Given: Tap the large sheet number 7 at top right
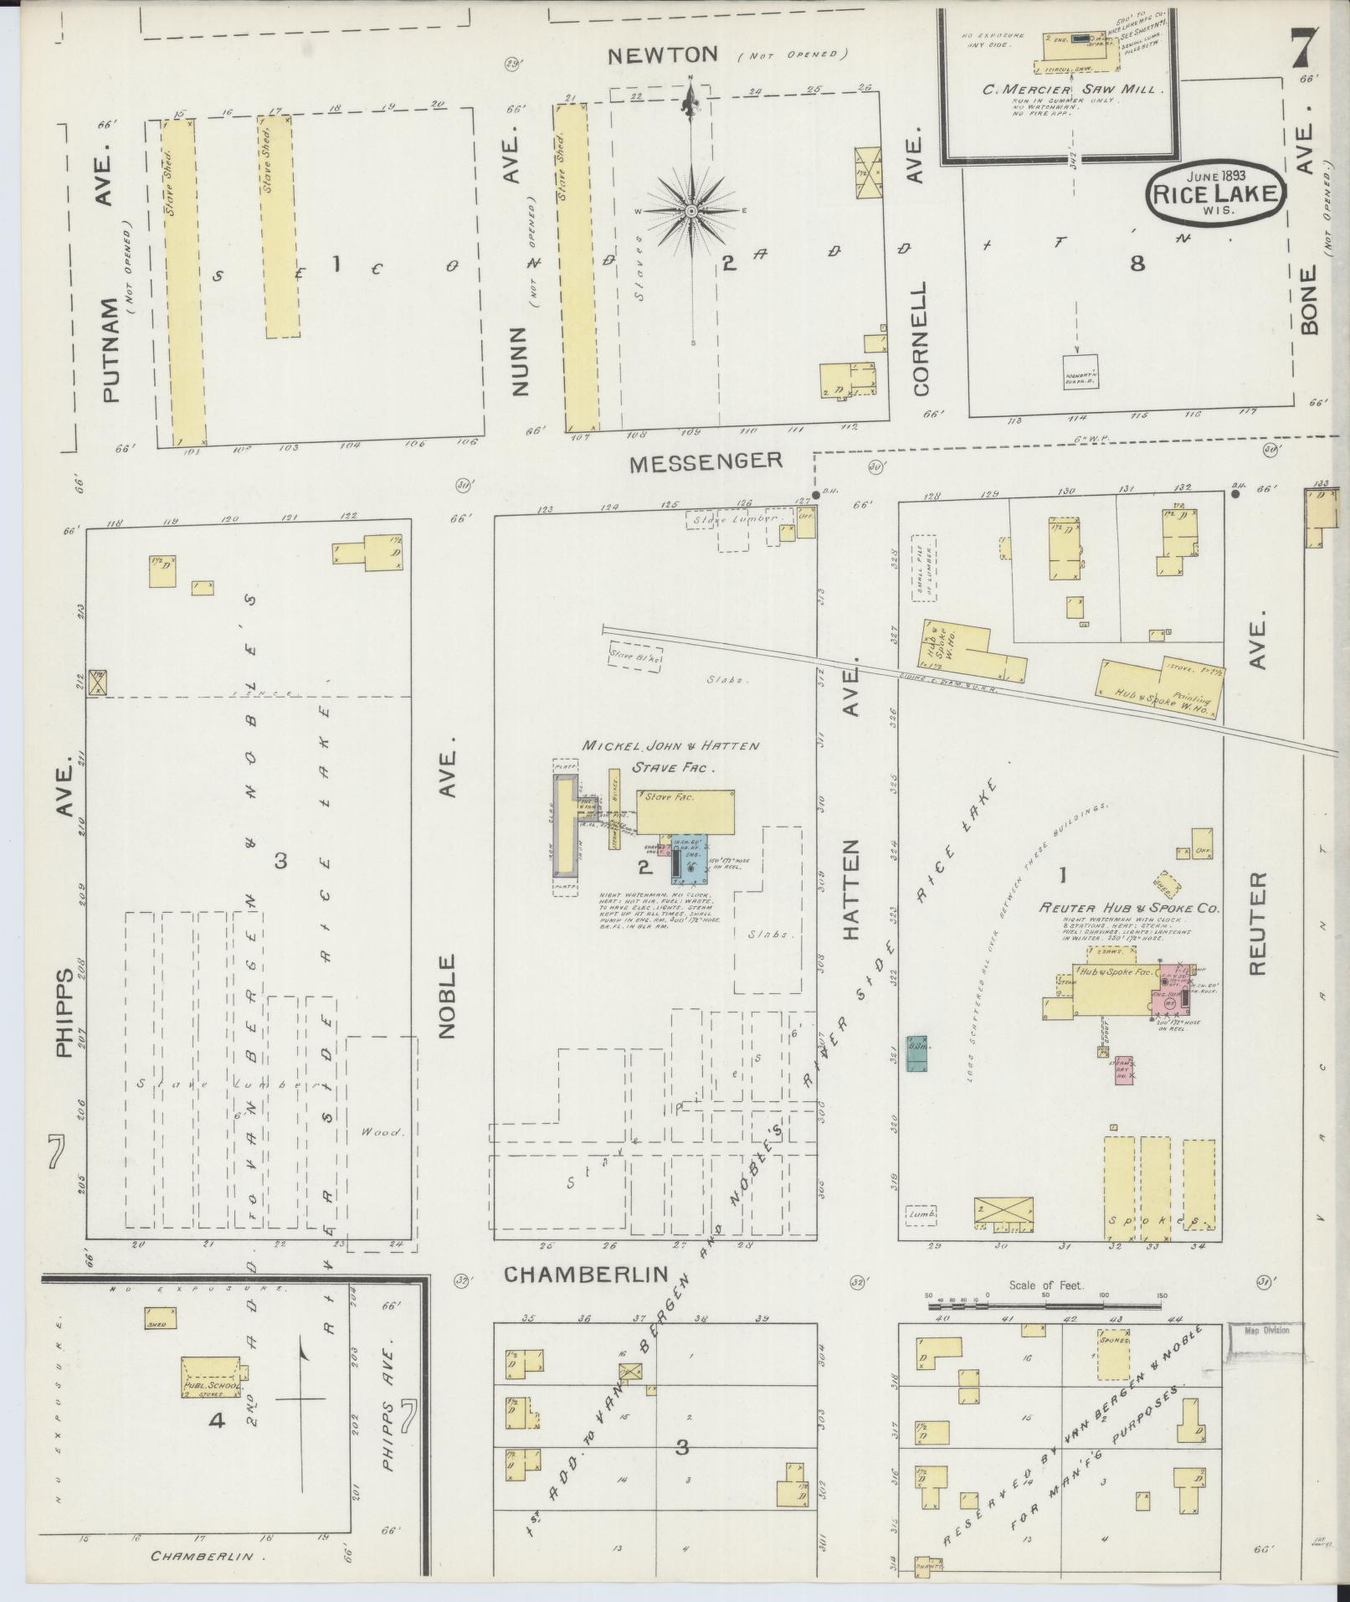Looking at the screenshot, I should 1303,48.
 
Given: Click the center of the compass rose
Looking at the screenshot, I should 691,211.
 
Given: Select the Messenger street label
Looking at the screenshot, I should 706,461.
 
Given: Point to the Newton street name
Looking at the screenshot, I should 662,55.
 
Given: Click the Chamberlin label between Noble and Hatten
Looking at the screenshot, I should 586,1297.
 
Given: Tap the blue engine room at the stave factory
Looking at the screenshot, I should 691,858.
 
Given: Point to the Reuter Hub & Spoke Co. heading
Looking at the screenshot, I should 1129,908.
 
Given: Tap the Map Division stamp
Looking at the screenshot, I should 1266,1353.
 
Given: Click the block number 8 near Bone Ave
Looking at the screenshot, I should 1137,264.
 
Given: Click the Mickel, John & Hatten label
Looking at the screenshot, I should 671,745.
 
